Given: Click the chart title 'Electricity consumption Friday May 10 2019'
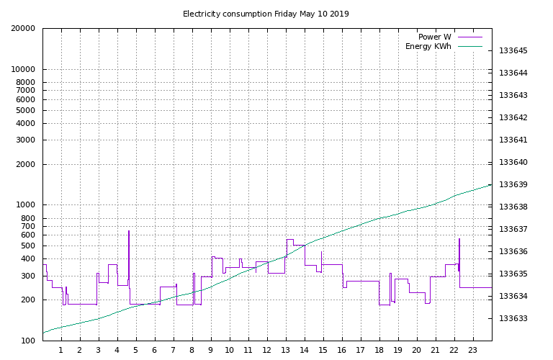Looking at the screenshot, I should [x=266, y=14].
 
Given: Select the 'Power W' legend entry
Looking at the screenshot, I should [x=434, y=37].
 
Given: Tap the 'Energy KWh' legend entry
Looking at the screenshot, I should [x=428, y=47].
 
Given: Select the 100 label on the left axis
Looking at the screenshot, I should [x=26, y=341].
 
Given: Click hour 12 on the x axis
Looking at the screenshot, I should [x=267, y=351].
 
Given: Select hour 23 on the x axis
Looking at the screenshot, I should [x=473, y=351].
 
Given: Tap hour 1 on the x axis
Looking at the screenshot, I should [x=61, y=351].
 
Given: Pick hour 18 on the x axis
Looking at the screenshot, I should [x=379, y=351].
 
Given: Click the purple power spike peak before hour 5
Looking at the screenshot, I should [x=129, y=231].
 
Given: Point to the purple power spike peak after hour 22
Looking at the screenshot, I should [x=459, y=239].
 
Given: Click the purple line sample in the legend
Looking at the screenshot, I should [x=469, y=37].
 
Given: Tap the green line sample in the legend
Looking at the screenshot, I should [x=469, y=47].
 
